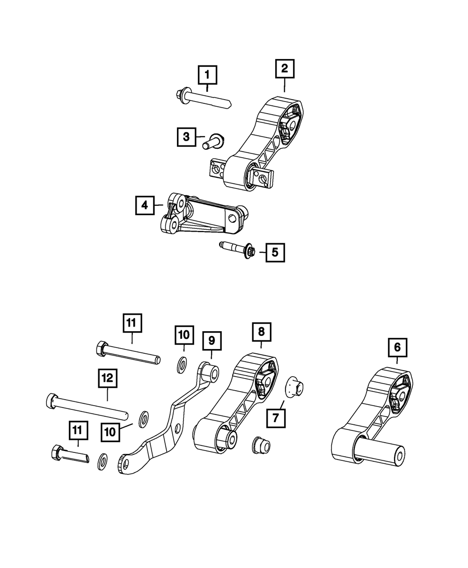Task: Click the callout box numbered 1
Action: tap(208, 74)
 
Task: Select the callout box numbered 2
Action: tap(285, 69)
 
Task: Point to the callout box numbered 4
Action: tap(145, 205)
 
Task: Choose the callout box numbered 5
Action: tap(275, 253)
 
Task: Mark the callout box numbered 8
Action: tap(261, 332)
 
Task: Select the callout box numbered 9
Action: tap(212, 341)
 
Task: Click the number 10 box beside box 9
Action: tap(184, 335)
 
